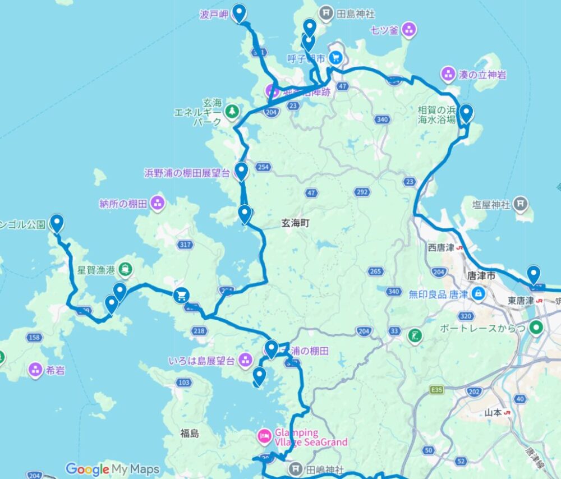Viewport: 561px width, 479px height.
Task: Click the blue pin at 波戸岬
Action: tap(240, 12)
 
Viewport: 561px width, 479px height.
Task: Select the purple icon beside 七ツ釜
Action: tap(410, 30)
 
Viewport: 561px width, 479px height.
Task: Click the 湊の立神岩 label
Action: tap(482, 73)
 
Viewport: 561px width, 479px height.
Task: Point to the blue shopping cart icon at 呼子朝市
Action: tap(335, 57)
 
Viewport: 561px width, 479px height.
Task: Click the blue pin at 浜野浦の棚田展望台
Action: tap(241, 170)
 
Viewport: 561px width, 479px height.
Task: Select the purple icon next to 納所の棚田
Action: tap(158, 202)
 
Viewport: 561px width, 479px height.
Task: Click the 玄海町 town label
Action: tap(295, 223)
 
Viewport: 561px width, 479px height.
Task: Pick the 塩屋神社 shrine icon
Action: tap(521, 203)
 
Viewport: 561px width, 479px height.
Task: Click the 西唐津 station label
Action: tap(440, 247)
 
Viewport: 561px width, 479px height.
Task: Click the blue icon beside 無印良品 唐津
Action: tap(477, 293)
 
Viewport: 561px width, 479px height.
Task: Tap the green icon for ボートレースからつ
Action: tap(536, 326)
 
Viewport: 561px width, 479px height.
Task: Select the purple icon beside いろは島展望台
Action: tap(245, 360)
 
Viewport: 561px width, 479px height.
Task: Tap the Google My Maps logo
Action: tap(112, 469)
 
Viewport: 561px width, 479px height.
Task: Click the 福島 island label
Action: tap(190, 433)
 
